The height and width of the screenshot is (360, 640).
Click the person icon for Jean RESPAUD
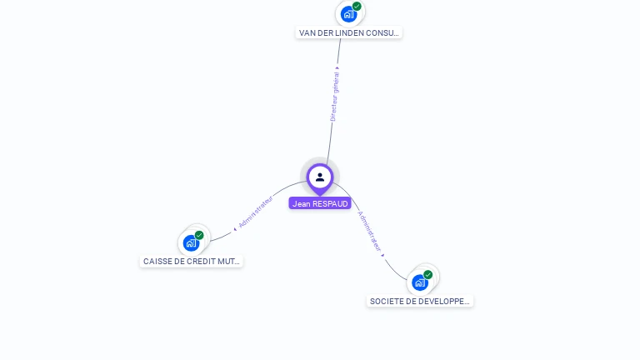coord(320,177)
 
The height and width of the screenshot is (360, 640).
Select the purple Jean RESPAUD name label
coord(320,203)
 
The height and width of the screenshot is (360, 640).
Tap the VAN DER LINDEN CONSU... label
coord(349,33)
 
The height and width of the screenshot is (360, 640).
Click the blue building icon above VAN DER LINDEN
coord(348,14)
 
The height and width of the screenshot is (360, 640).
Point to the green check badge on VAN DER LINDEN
coord(357,7)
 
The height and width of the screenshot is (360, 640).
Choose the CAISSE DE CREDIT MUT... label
coord(192,261)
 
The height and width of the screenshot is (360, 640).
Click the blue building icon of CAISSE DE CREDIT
coord(191,243)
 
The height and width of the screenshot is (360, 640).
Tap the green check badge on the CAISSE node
coord(199,235)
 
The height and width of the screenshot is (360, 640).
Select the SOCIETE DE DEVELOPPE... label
coord(420,301)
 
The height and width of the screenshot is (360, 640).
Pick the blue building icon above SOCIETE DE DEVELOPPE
coord(419,282)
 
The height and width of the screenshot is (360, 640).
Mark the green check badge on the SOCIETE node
coord(427,274)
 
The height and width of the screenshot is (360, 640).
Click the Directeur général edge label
coord(334,96)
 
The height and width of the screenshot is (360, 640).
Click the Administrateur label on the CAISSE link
coord(254,212)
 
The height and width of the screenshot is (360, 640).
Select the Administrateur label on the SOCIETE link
coord(369,231)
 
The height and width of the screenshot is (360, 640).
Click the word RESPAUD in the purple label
coord(330,203)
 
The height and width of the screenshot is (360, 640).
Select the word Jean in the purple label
coord(301,203)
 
